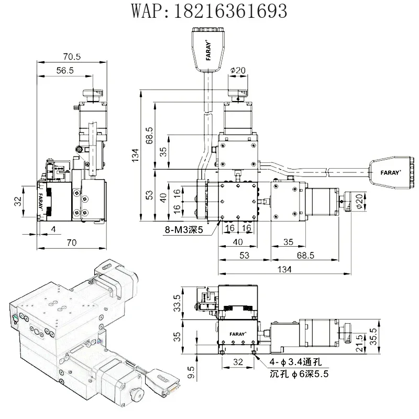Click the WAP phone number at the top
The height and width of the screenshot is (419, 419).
(x=209, y=10)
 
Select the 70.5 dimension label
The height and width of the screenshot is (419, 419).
(x=72, y=57)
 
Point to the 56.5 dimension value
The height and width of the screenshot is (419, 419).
(x=65, y=71)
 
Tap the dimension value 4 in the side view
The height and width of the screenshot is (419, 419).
(x=53, y=229)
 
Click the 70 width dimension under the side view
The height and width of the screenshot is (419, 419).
(x=72, y=242)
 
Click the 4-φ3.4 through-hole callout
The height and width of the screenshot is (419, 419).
(x=295, y=362)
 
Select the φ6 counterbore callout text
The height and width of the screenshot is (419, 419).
(x=299, y=374)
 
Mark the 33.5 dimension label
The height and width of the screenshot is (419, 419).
(x=177, y=303)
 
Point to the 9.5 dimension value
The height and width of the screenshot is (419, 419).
(x=191, y=372)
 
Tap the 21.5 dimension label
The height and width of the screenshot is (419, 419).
(x=360, y=343)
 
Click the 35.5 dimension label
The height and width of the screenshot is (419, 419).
(x=373, y=336)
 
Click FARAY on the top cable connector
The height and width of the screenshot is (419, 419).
(x=208, y=50)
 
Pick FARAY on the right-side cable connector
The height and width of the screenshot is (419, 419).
(x=391, y=173)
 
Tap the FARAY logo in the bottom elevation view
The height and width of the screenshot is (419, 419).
(x=238, y=334)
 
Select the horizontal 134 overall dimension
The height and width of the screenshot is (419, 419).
(x=284, y=269)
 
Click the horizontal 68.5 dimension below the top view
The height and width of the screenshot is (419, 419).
(x=305, y=256)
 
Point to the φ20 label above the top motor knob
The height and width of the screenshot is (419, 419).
(x=238, y=70)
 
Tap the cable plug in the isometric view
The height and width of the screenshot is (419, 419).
(x=162, y=382)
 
